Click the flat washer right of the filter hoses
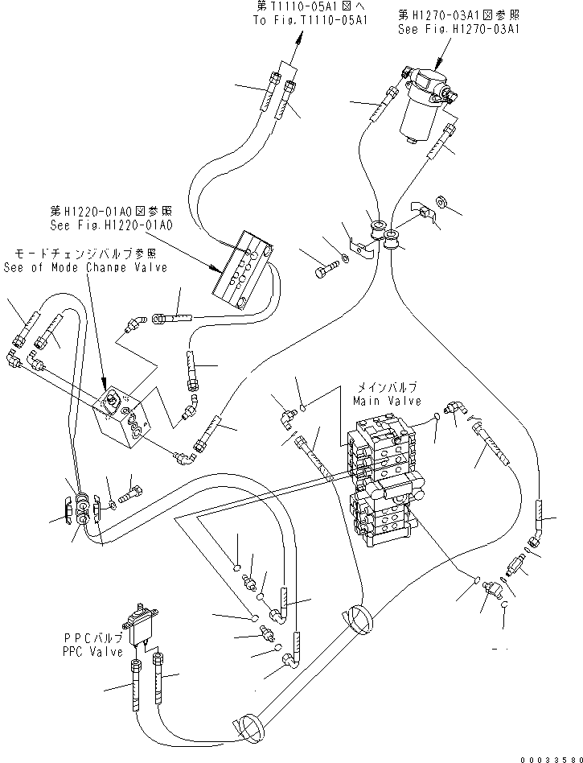pos(443,200)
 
